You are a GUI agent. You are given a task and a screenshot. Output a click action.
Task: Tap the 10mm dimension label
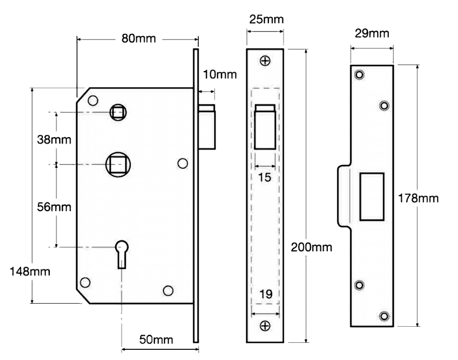click(220, 74)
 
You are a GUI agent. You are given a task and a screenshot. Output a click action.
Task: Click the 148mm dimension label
click(31, 271)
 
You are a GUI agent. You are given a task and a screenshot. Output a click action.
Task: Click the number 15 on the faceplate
click(265, 177)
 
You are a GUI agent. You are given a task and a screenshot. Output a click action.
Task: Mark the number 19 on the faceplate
click(265, 294)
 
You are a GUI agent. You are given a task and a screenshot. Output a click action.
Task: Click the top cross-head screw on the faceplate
click(265, 61)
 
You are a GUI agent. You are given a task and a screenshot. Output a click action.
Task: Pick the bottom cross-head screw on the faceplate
click(265, 326)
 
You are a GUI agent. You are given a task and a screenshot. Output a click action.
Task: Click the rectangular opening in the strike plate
click(371, 196)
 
